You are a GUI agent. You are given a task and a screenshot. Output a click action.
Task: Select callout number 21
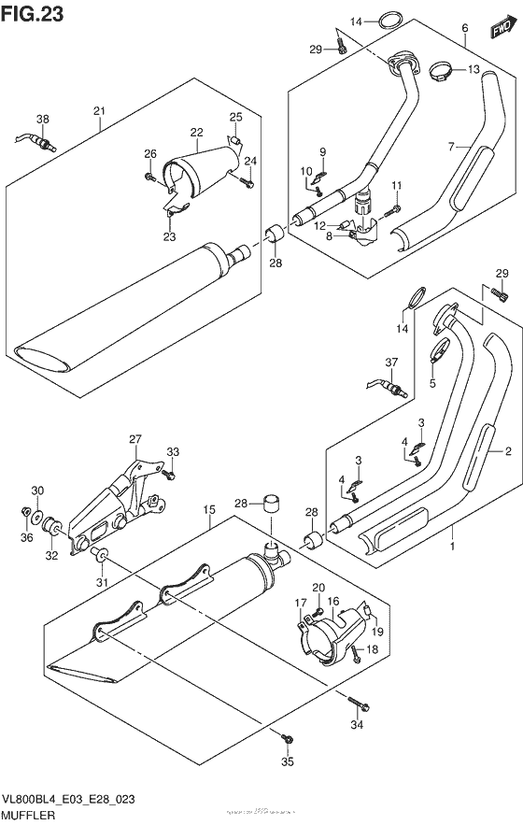pos(99,114)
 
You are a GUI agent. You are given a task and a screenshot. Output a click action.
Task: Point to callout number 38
pos(43,119)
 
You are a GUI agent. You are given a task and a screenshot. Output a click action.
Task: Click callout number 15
pos(210,510)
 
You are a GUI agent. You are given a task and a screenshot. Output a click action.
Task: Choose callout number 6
pos(464,29)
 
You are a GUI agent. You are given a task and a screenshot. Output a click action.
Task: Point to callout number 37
pos(391,363)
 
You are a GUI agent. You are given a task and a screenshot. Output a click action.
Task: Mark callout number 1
pos(454,544)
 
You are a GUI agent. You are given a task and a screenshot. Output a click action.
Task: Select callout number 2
pos(508,452)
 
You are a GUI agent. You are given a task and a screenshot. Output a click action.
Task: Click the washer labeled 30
pos(35,512)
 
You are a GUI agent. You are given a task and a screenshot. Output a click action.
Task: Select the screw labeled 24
pos(247,184)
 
